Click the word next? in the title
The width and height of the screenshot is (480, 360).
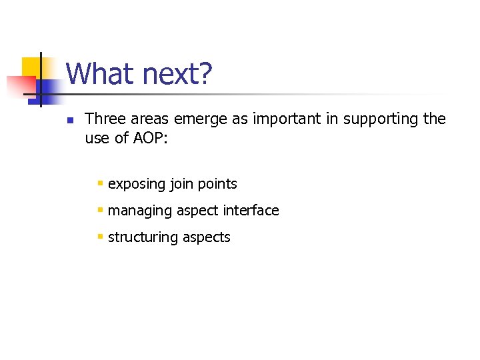click(175, 74)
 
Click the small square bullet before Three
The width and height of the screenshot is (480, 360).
click(69, 121)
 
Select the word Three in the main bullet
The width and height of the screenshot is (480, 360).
click(104, 119)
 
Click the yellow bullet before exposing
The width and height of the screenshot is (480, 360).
click(99, 183)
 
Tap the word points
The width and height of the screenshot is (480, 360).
click(217, 183)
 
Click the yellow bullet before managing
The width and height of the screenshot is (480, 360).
click(99, 209)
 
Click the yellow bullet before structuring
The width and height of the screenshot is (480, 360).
click(99, 236)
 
